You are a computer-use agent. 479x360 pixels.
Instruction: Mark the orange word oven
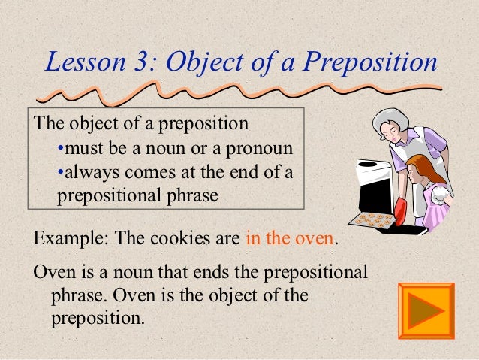coord(315,241)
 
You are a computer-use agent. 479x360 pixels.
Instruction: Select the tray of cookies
coord(375,221)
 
